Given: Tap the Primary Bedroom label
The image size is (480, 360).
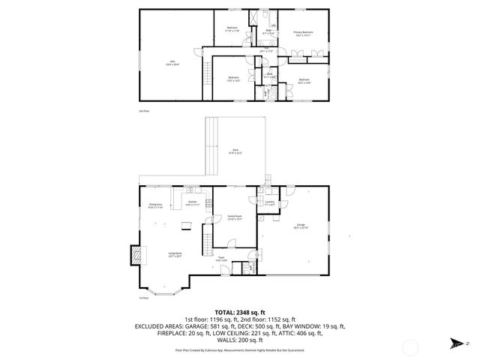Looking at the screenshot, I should click(x=303, y=34).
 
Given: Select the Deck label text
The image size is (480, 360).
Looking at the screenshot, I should click(x=235, y=153).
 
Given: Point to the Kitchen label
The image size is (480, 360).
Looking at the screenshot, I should click(x=191, y=203).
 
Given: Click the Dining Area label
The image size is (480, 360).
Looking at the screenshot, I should click(x=155, y=205).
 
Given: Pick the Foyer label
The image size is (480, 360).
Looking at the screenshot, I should click(x=221, y=259).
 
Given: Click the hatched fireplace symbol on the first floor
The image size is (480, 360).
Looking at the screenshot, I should click(x=134, y=255).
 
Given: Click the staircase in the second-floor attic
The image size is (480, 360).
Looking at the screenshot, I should click(x=202, y=75).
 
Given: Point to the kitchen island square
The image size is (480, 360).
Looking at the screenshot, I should click(x=183, y=226).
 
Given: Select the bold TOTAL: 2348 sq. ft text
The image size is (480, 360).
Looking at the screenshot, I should click(x=240, y=311).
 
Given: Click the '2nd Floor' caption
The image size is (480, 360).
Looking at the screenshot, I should click(x=144, y=111).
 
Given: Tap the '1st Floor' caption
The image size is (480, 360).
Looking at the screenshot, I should click(x=143, y=298).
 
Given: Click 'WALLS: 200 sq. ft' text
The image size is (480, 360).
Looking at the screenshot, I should click(x=240, y=338).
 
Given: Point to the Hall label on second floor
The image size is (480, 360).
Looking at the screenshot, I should click(x=262, y=51).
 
